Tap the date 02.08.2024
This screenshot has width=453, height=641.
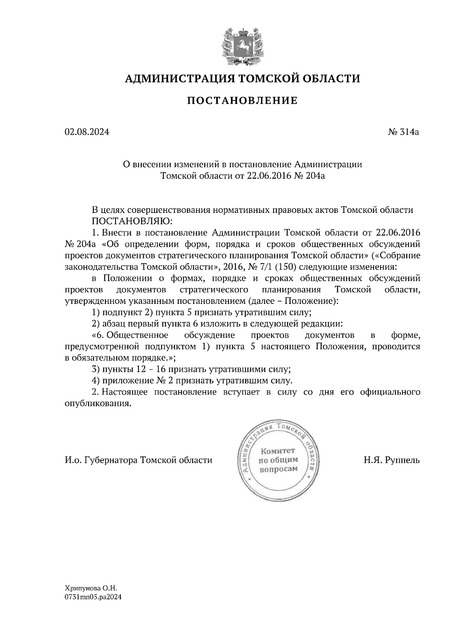[87, 132]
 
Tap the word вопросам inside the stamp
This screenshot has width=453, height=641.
[279, 469]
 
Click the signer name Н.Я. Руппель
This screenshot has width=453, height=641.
[391, 460]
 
